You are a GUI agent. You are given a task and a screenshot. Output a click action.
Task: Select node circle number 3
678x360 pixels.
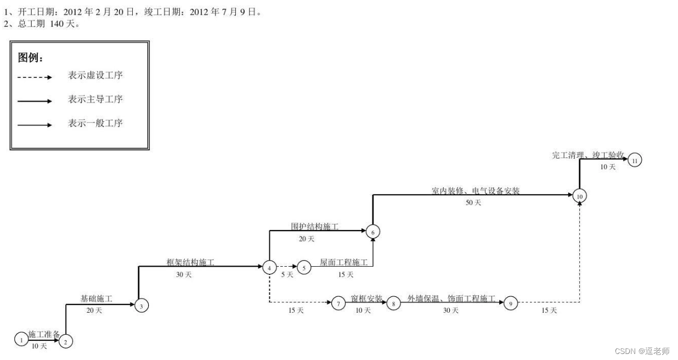pyautogui.click(x=142, y=306)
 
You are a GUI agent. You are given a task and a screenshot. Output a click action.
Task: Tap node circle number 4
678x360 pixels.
pyautogui.click(x=269, y=267)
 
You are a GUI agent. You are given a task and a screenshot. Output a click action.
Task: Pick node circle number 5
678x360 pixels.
pyautogui.click(x=304, y=267)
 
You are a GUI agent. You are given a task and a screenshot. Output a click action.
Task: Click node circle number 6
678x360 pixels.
pyautogui.click(x=373, y=232)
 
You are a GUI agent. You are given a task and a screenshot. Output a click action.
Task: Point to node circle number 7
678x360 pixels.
pyautogui.click(x=338, y=303)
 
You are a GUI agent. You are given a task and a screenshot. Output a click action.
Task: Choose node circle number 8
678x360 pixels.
pyautogui.click(x=393, y=303)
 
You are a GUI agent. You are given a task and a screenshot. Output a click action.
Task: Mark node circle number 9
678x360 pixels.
pyautogui.click(x=511, y=303)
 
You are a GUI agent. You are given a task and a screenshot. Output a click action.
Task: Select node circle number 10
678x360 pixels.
pyautogui.click(x=580, y=195)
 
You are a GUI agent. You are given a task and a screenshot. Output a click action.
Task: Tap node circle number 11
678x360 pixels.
pyautogui.click(x=635, y=160)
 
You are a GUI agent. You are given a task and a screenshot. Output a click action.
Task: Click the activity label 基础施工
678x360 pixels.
pyautogui.click(x=97, y=299)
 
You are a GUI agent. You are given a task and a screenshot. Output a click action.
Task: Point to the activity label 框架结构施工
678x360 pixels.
pyautogui.click(x=190, y=263)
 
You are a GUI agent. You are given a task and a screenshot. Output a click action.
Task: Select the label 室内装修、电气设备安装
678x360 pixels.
pyautogui.click(x=476, y=191)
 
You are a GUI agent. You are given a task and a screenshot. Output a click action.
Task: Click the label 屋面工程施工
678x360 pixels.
pyautogui.click(x=344, y=263)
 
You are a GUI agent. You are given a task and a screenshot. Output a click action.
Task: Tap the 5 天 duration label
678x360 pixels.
pyautogui.click(x=286, y=275)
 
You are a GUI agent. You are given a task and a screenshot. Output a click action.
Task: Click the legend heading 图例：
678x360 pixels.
pyautogui.click(x=31, y=58)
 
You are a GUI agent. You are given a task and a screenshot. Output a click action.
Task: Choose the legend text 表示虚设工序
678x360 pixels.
pyautogui.click(x=95, y=76)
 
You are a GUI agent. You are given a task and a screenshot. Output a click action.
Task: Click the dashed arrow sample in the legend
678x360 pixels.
pyautogui.click(x=35, y=77)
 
